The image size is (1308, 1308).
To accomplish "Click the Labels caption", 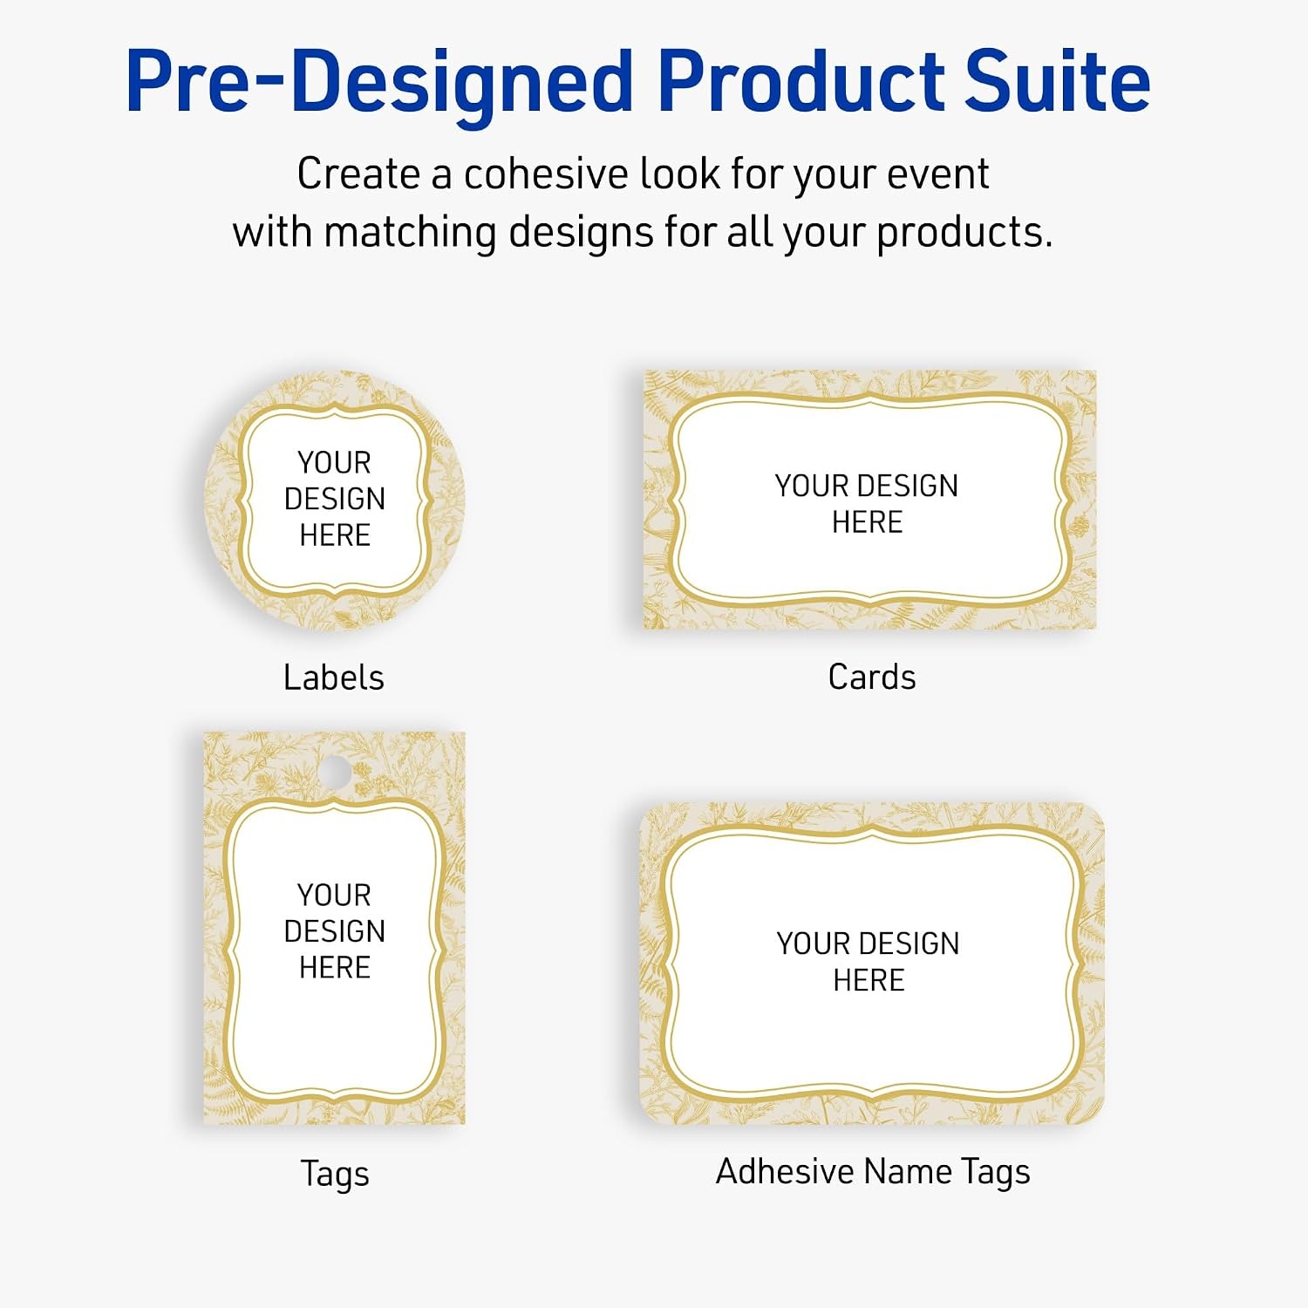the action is coord(334,678).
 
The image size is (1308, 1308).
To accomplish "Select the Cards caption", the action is coord(872,678).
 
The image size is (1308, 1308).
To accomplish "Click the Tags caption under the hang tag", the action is coord(335,1175).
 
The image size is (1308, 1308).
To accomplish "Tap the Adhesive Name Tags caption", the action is coord(873,1173).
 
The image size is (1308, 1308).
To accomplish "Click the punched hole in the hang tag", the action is coord(332,770).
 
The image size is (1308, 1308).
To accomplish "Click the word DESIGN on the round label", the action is coord(335,499).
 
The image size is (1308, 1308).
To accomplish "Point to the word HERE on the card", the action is coord(867,522).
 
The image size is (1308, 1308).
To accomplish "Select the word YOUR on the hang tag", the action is coord(334,895).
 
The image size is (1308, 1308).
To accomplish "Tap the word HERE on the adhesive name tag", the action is coord(869,980).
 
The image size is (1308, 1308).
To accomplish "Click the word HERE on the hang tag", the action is coord(335,967).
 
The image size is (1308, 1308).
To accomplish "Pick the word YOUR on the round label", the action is coord(334,462).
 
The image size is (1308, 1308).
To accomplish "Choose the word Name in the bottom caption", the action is coord(907,1171).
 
